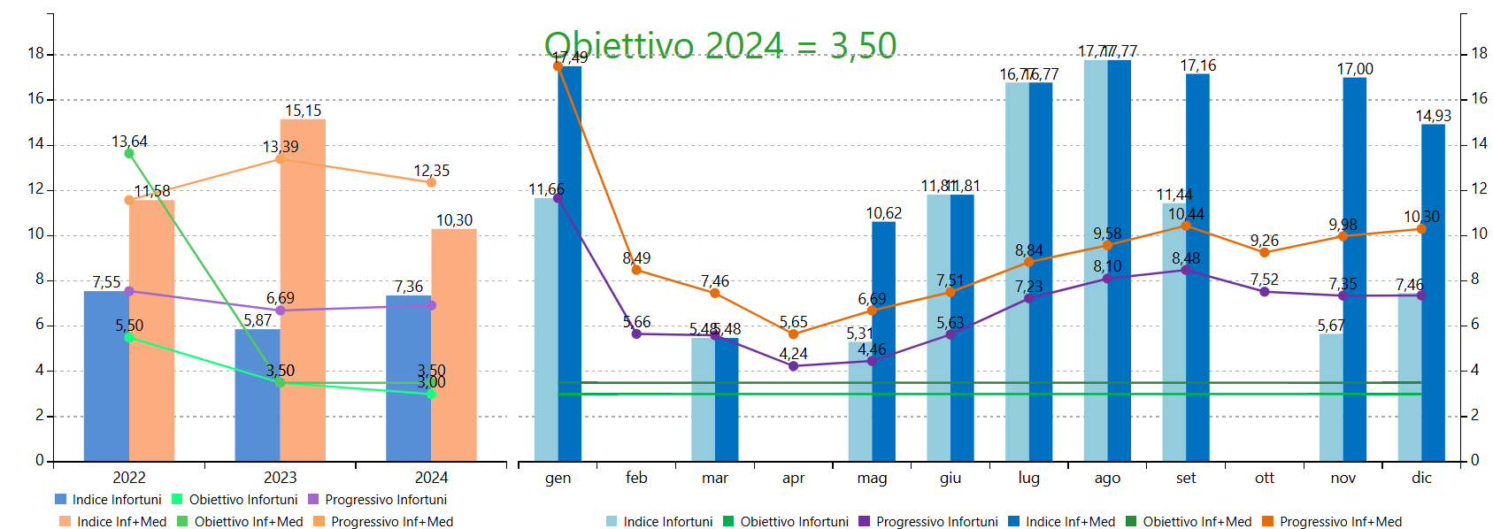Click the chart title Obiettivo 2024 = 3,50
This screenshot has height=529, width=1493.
pyautogui.click(x=720, y=45)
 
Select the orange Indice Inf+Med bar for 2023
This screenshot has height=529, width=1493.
pyautogui.click(x=303, y=292)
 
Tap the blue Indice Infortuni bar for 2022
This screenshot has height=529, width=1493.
pyautogui.click(x=106, y=376)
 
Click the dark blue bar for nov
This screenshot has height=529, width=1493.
pyautogui.click(x=1354, y=265)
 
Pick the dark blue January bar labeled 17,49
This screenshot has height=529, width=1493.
pyautogui.click(x=570, y=265)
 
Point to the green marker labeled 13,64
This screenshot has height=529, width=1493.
pyautogui.click(x=129, y=154)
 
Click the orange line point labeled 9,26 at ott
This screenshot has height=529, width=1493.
pyautogui.click(x=1265, y=252)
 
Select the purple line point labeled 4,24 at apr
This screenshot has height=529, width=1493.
pyautogui.click(x=793, y=365)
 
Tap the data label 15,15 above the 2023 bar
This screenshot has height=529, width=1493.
pyautogui.click(x=303, y=111)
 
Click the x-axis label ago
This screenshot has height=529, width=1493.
pyautogui.click(x=1107, y=478)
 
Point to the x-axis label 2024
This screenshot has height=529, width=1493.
pyautogui.click(x=431, y=478)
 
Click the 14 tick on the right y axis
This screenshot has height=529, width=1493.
pyautogui.click(x=1479, y=143)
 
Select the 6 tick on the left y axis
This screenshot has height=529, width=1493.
pyautogui.click(x=39, y=325)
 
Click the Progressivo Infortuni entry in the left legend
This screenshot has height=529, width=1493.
pyautogui.click(x=385, y=500)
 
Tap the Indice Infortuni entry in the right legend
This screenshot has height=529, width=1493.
pyautogui.click(x=667, y=522)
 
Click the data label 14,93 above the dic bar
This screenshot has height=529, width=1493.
pyautogui.click(x=1433, y=116)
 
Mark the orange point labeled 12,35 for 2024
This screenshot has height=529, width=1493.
pyautogui.click(x=431, y=182)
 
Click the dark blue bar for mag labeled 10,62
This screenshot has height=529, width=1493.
pyautogui.click(x=883, y=345)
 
